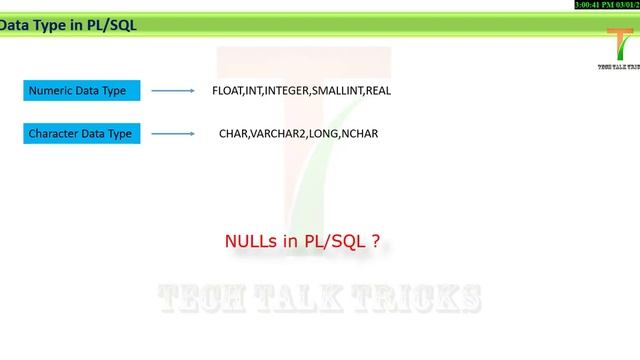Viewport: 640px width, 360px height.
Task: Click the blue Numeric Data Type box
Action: (x=82, y=91)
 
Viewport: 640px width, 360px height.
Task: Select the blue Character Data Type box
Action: (x=82, y=133)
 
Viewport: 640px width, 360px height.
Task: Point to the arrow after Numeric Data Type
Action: (x=172, y=91)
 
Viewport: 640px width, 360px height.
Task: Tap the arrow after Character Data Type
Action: (x=172, y=133)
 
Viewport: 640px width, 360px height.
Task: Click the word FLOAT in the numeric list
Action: (x=227, y=91)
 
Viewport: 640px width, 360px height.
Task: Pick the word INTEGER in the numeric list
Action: (x=287, y=91)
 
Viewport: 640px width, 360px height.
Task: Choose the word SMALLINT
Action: (x=338, y=91)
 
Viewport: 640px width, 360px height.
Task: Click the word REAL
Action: (x=378, y=91)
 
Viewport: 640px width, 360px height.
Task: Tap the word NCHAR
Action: (x=360, y=133)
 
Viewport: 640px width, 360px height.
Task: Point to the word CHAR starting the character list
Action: (x=232, y=133)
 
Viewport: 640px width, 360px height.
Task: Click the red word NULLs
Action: (x=250, y=242)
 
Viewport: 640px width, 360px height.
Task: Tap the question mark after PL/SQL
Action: (x=375, y=242)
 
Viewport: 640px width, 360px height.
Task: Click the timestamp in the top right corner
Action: (x=606, y=5)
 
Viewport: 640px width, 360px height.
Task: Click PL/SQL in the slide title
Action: (x=109, y=25)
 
